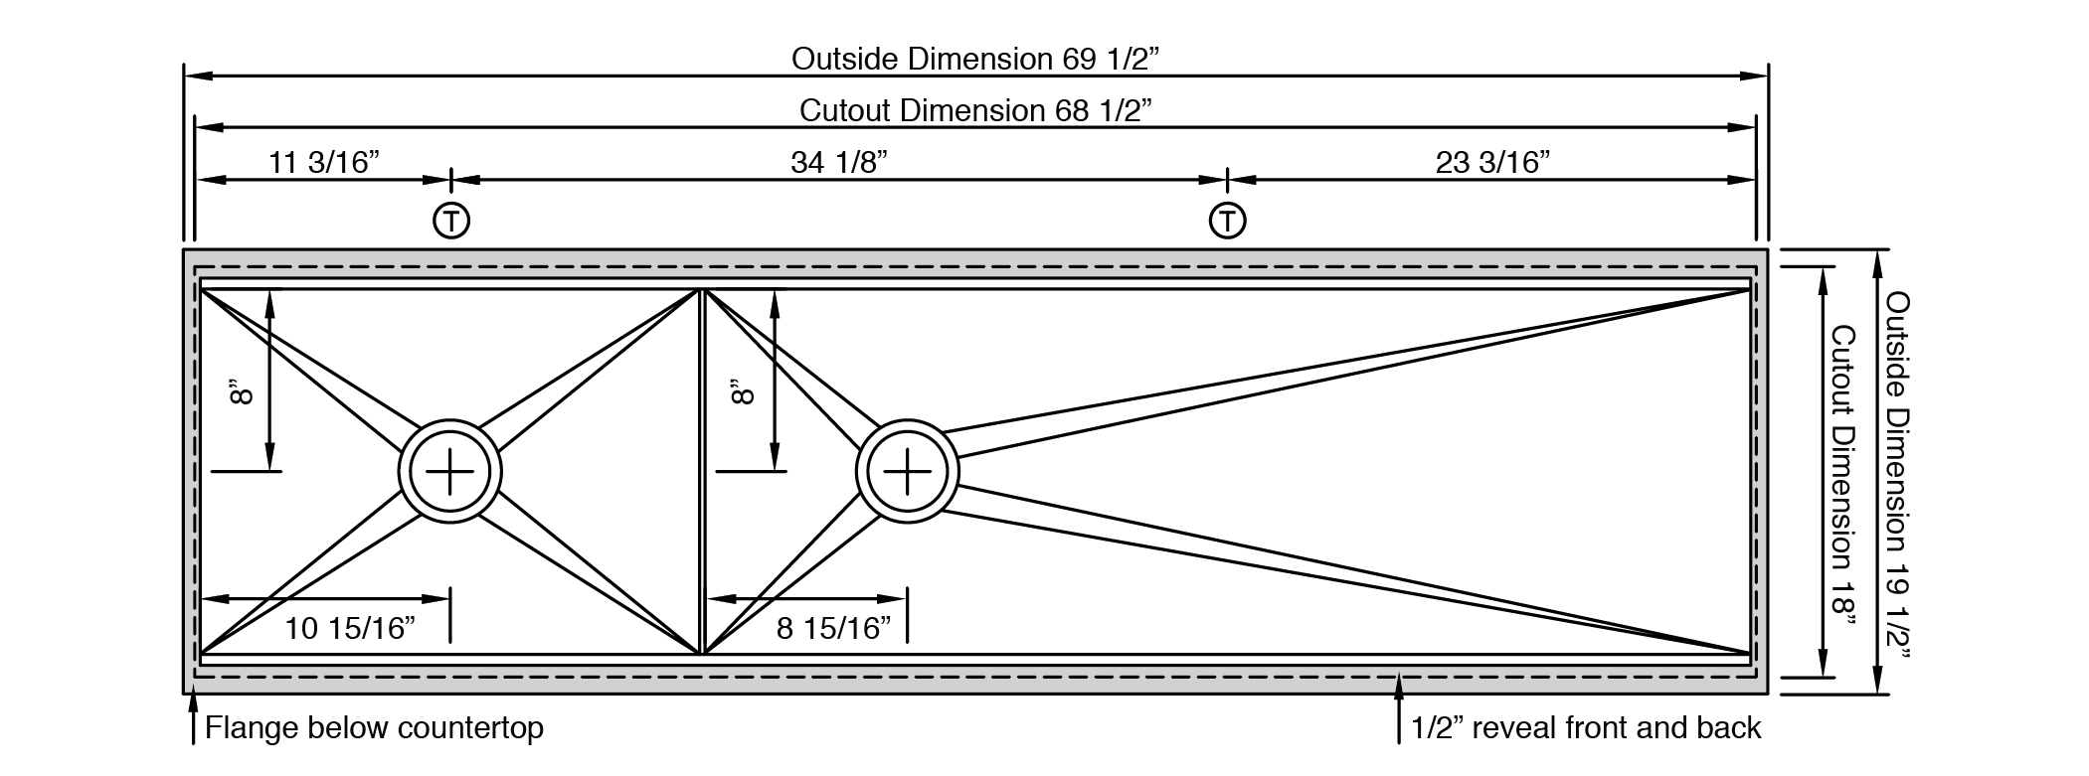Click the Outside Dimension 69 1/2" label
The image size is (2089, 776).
[x=975, y=59]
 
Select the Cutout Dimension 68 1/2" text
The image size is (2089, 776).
[x=975, y=110]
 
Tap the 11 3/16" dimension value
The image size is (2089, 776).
[x=324, y=162]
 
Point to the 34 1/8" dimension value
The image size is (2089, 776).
[x=838, y=162]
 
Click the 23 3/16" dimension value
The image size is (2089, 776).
[x=1492, y=162]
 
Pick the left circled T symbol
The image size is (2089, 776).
[x=451, y=220]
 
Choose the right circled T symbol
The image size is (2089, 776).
[x=1228, y=220]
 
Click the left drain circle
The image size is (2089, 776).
[x=450, y=471]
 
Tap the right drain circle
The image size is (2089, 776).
[x=908, y=471]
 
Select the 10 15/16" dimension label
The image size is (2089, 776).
[x=350, y=628]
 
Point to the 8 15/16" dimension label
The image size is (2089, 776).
[x=833, y=628]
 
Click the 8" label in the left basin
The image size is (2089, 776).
[x=242, y=391]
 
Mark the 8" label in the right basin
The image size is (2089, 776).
[x=744, y=391]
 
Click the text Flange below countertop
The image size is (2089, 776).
[x=374, y=728]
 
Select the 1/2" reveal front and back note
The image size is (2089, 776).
[x=1586, y=728]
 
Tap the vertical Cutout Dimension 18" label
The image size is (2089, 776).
[x=1844, y=477]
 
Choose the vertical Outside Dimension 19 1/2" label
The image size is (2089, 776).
[x=1897, y=477]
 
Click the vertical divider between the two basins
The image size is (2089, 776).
[x=703, y=471]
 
